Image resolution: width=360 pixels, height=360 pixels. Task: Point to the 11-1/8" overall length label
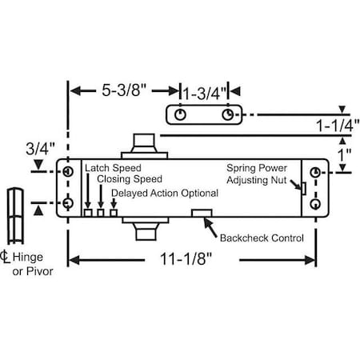click(192, 259)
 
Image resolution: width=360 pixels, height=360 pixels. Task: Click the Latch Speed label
click(114, 169)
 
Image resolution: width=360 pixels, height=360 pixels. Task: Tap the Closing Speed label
click(129, 180)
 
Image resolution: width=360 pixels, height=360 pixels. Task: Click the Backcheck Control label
click(264, 238)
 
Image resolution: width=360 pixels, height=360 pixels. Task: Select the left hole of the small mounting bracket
click(181, 114)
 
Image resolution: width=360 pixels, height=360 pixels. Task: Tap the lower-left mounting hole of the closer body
click(67, 202)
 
